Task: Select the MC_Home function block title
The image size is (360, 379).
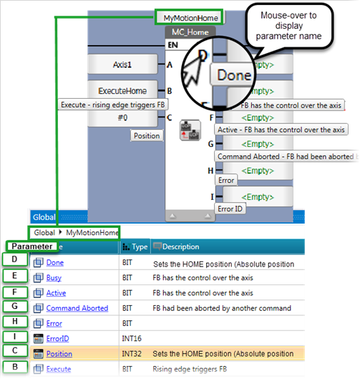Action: (x=190, y=32)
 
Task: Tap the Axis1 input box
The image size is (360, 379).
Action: (x=122, y=64)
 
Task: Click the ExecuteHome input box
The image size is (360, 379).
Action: (x=122, y=90)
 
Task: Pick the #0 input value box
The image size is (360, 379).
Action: (x=122, y=118)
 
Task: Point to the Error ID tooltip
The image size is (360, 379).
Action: (x=230, y=208)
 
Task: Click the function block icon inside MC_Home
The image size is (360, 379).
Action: (x=190, y=130)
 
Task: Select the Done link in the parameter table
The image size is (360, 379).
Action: (x=55, y=262)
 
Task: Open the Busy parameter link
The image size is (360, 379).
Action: (x=54, y=278)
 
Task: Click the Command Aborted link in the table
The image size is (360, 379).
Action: (x=77, y=308)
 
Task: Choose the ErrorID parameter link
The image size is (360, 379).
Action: (x=58, y=339)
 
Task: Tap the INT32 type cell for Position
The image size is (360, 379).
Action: (x=132, y=354)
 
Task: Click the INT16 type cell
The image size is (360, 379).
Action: (x=132, y=339)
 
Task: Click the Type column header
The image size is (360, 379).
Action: (x=135, y=246)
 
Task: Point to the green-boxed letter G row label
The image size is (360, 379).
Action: (x=15, y=306)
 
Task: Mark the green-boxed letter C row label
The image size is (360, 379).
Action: (x=15, y=350)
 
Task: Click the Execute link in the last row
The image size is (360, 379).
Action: (x=59, y=369)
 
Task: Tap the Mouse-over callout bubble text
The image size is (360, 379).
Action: (x=288, y=26)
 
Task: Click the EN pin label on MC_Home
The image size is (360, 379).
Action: (x=173, y=45)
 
